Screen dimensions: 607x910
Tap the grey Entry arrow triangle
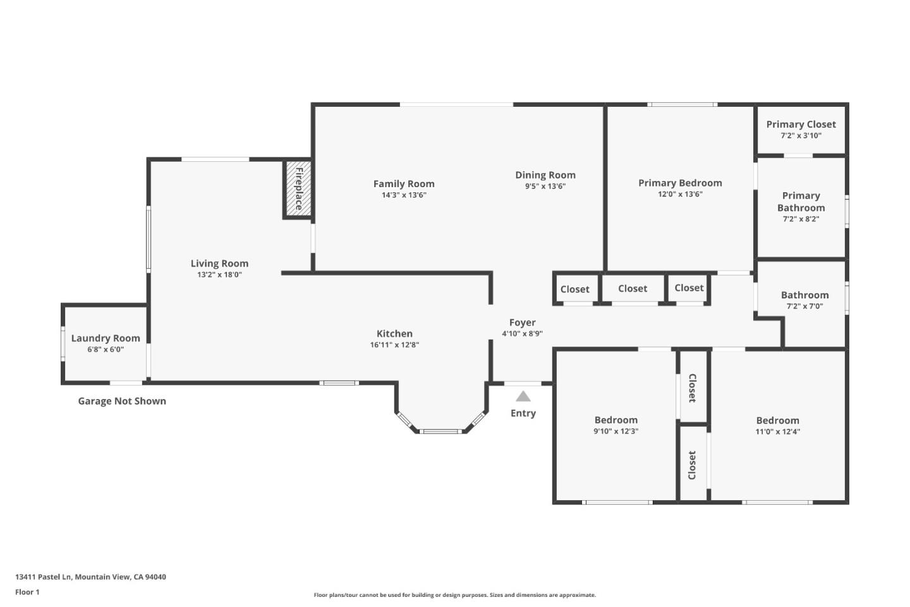point(523,396)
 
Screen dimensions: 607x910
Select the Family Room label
point(404,184)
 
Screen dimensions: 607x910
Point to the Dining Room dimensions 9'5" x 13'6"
point(545,187)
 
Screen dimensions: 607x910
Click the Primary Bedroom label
point(680,183)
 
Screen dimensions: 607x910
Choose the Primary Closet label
point(801,125)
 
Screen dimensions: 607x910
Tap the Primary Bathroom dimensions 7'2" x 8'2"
point(801,219)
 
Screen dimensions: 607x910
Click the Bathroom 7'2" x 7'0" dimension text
point(804,307)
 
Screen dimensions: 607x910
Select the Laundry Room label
point(106,338)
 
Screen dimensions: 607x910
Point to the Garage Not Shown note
point(122,401)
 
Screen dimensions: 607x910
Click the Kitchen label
point(394,334)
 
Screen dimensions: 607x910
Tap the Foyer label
point(522,322)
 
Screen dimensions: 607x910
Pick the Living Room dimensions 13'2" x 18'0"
point(219,275)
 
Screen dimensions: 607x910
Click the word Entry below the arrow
point(523,414)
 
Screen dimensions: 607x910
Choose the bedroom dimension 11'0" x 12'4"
point(777,432)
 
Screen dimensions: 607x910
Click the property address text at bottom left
point(90,577)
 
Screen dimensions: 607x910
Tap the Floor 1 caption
point(27,592)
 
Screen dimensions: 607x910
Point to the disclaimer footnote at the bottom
point(454,595)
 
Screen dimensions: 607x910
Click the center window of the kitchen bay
point(440,432)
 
